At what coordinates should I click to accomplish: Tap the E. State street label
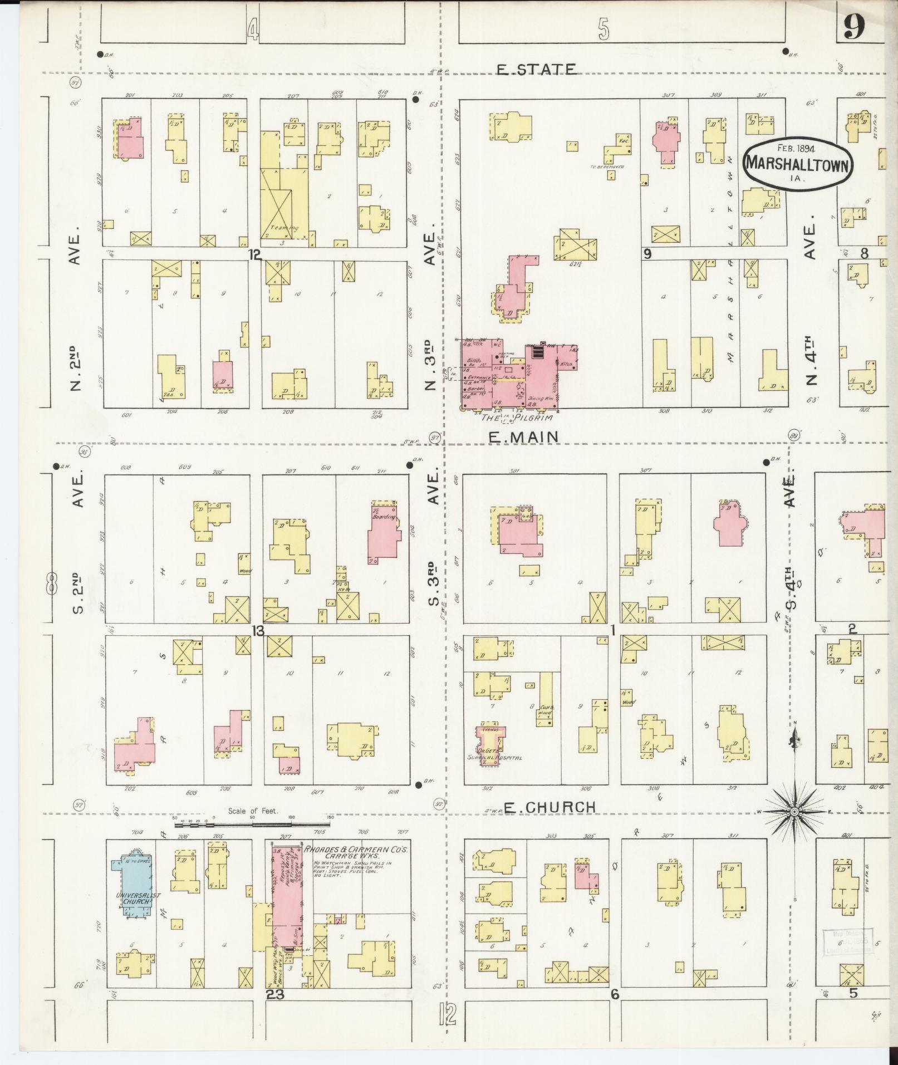point(536,69)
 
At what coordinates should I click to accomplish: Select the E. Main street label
point(523,438)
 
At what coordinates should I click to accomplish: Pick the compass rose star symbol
point(794,812)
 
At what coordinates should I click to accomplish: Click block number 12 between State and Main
point(255,254)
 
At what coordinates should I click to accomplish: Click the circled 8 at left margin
point(51,585)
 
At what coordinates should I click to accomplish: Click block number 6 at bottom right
point(615,994)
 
